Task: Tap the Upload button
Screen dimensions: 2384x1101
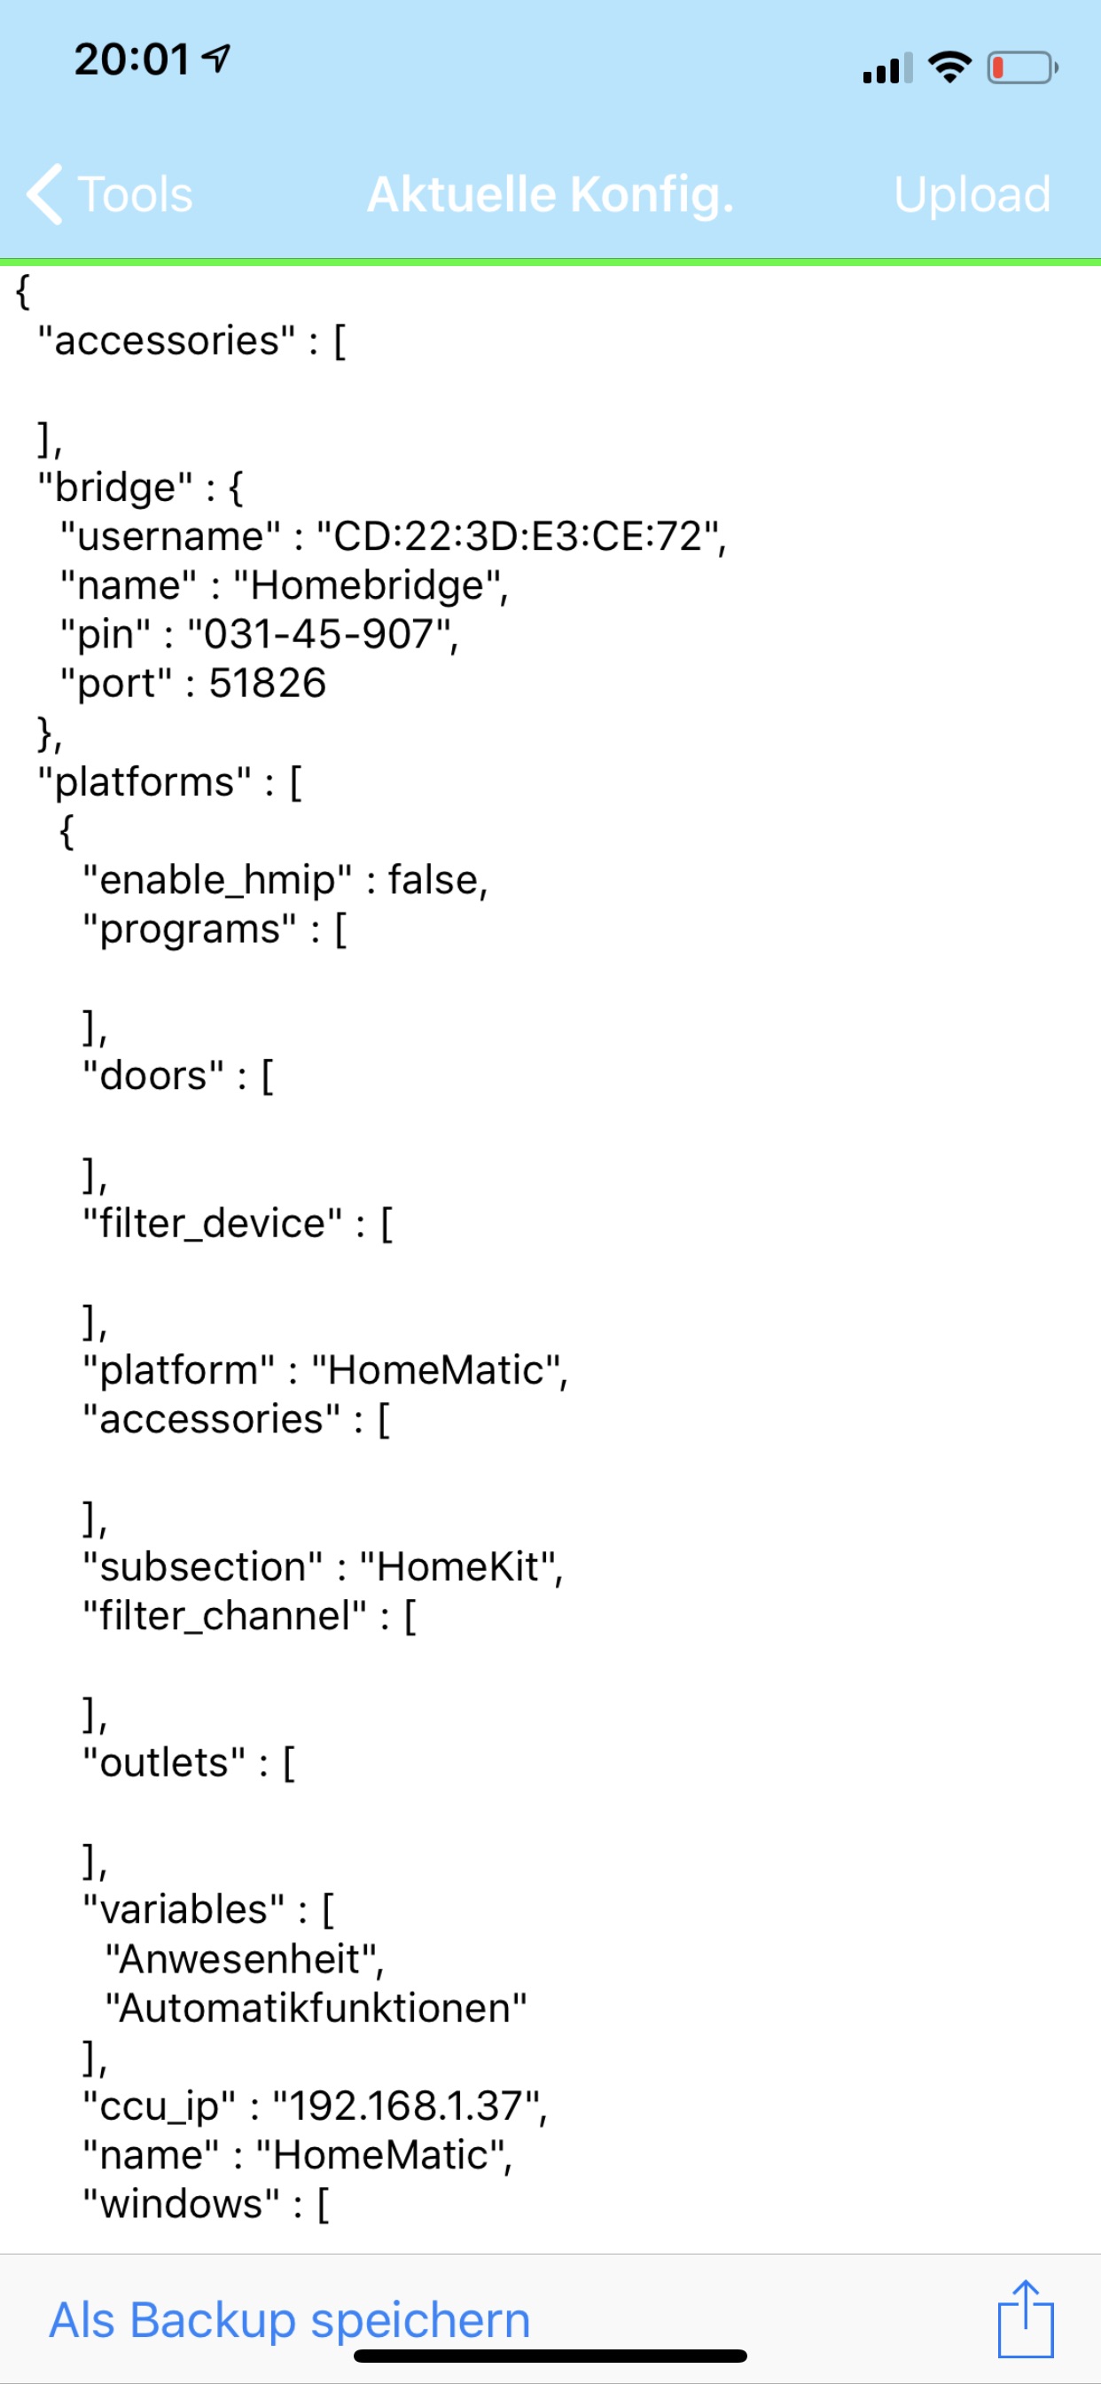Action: coord(972,194)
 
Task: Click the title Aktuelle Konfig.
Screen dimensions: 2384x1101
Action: coord(550,194)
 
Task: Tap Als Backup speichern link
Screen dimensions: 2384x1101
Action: coord(290,2320)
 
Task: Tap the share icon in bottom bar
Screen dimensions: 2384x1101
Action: coord(1025,2318)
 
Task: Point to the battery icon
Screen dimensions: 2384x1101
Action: coord(1021,67)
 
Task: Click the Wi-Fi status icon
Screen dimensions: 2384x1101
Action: coord(949,67)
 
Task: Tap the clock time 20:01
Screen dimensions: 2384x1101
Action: coord(132,60)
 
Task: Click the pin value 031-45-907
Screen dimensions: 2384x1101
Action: coord(319,635)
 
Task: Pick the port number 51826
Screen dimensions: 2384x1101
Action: coord(268,684)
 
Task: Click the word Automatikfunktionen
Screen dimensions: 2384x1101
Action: coord(316,2008)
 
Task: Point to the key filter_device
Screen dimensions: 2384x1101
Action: coord(213,1223)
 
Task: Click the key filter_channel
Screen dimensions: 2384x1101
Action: coord(225,1616)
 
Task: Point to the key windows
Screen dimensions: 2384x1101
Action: coord(182,2205)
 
